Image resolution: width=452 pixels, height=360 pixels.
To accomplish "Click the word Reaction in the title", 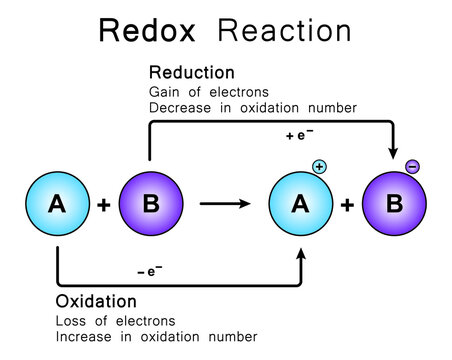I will click(x=284, y=30).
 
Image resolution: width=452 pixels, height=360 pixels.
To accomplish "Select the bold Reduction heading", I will click(x=192, y=73).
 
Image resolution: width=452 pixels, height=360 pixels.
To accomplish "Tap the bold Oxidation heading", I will click(x=95, y=300).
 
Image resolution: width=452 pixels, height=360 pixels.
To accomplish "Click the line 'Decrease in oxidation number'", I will click(x=252, y=107).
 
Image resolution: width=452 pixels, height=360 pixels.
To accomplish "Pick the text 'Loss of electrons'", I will click(x=115, y=321).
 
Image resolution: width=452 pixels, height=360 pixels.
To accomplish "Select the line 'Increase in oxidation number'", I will click(x=156, y=336).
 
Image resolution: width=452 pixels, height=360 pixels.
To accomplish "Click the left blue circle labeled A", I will click(x=57, y=204).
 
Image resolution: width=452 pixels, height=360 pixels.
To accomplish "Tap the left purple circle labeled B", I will click(x=150, y=204).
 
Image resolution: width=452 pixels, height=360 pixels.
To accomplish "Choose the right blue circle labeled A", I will click(x=300, y=204).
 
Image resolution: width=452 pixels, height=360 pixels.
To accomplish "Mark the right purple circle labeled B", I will click(x=394, y=204).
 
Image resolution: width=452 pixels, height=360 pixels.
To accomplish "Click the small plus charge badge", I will click(x=320, y=166).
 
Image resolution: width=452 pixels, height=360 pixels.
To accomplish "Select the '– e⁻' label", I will click(x=151, y=271).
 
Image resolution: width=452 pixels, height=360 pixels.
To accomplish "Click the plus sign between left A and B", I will click(x=104, y=205).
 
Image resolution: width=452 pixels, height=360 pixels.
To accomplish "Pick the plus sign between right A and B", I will click(x=347, y=205).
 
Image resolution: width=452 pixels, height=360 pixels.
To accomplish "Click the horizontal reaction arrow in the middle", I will click(x=226, y=204).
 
